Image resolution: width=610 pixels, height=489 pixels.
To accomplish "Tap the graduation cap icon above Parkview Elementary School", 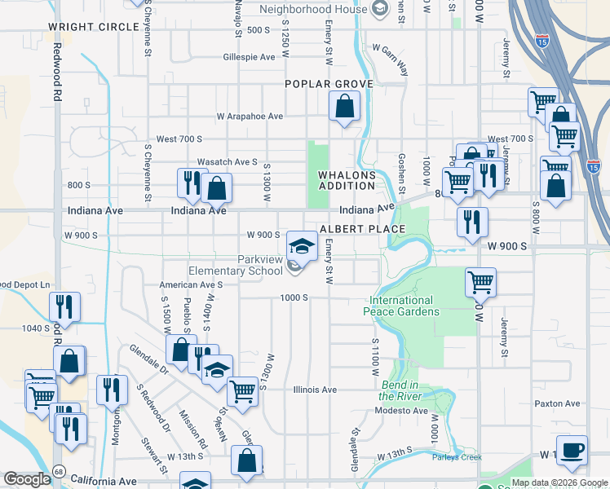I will pos(301,244).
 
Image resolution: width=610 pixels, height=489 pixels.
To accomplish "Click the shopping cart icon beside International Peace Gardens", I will pos(481,283).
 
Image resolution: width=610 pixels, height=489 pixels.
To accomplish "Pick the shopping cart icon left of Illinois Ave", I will pos(242,391).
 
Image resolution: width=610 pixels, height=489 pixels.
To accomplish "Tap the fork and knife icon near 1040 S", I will pos(64,306).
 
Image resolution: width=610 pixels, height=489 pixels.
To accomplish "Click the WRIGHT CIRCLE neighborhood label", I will pos(93,27).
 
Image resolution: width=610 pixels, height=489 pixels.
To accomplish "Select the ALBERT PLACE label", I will pos(362,230).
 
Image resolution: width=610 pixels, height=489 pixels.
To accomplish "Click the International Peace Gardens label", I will pos(405,306).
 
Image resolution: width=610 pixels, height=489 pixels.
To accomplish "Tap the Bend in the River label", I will pos(399,390).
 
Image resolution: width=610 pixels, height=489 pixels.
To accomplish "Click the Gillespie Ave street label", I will pos(249,58).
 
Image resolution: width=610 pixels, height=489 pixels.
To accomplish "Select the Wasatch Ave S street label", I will pos(227,162).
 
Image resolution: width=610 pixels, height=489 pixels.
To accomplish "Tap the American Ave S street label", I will pos(191,285).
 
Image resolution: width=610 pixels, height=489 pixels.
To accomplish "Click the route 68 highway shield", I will pos(59,471).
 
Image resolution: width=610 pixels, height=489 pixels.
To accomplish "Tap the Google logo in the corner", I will pos(27,479).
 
